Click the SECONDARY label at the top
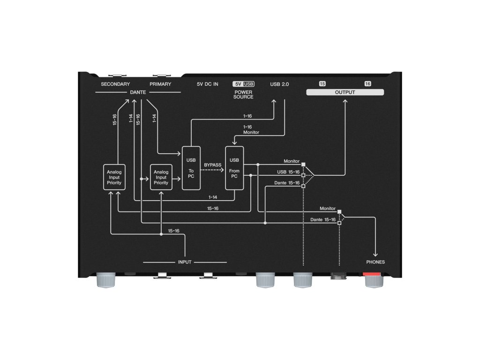coord(115,84)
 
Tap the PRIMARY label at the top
coord(160,84)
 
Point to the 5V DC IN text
coord(208,84)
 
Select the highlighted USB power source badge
coord(249,84)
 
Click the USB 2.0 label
coord(279,84)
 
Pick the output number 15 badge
coord(322,84)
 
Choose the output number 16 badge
coord(367,84)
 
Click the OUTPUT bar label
coord(345,92)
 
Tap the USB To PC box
coord(191,167)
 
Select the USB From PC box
coord(234,167)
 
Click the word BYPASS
coord(213,165)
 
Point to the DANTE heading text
coord(138,92)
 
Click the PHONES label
coord(375,262)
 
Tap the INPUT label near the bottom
coord(185,262)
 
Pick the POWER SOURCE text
coord(243,94)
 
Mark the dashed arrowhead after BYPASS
coord(222,170)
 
